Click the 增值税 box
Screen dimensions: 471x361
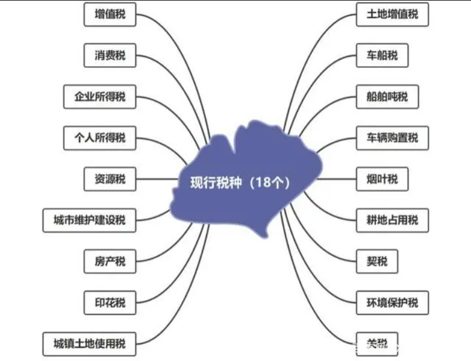[110, 14]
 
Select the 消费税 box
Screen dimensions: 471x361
[110, 55]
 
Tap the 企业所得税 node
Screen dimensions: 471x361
[99, 97]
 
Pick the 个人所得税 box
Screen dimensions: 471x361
[99, 138]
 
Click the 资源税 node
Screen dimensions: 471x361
[110, 179]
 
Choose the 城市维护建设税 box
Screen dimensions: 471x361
[89, 220]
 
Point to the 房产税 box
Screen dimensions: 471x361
[110, 261]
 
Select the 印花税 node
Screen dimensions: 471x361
[110, 303]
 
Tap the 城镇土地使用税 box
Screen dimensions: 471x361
[89, 344]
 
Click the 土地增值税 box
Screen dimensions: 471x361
[392, 14]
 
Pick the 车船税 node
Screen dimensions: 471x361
[382, 55]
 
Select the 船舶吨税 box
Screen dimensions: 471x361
[387, 97]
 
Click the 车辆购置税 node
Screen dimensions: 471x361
[392, 138]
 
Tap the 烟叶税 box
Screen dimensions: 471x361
[382, 179]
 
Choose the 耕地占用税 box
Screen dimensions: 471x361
[392, 220]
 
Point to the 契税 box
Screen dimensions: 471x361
[377, 261]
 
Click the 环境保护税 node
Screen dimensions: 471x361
[392, 303]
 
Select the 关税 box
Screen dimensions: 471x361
[377, 344]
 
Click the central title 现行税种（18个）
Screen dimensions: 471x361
[240, 182]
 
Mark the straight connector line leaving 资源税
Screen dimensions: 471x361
[157, 179]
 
